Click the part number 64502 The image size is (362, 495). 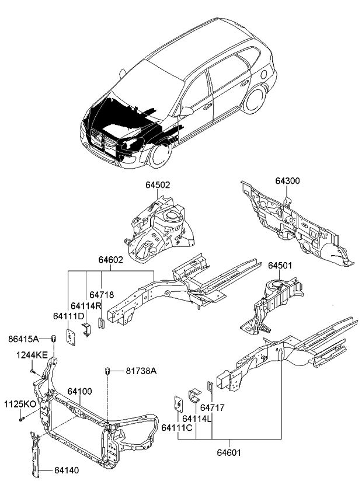tap(158, 185)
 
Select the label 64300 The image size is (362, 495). tap(288, 181)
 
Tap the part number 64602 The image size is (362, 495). tap(110, 260)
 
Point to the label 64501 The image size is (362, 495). tap(280, 266)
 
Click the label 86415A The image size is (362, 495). tap(23, 339)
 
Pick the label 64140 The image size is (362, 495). tap(68, 469)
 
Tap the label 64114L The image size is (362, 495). tap(196, 419)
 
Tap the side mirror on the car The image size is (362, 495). tap(187, 111)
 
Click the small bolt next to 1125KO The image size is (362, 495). tap(21, 418)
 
